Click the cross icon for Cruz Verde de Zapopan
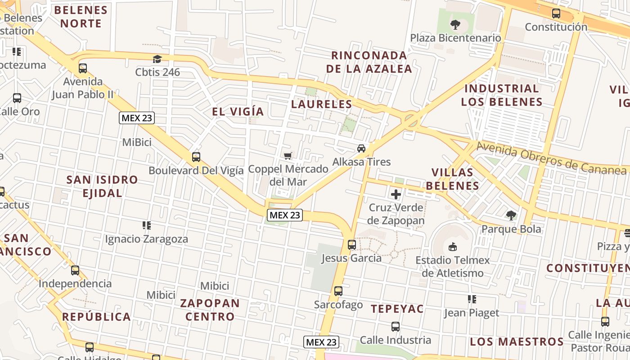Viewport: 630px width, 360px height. (396, 194)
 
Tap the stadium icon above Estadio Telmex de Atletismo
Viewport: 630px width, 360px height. (453, 247)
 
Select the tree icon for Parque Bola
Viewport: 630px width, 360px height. (511, 216)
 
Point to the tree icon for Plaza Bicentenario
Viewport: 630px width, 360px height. (455, 24)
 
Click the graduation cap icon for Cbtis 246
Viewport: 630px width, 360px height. (157, 59)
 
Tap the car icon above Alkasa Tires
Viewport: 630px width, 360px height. (361, 148)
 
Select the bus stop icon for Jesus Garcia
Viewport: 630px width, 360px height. (352, 245)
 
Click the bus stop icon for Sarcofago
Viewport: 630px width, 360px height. (338, 291)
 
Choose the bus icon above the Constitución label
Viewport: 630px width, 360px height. (556, 13)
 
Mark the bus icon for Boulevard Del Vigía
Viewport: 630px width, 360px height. (196, 157)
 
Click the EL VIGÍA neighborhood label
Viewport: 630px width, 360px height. (238, 111)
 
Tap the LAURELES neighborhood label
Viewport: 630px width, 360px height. (321, 104)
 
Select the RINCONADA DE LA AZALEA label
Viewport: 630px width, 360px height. (369, 62)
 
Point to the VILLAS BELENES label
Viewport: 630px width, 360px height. (452, 179)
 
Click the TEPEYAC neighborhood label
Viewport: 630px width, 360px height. (397, 309)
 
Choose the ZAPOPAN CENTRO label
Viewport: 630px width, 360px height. (210, 310)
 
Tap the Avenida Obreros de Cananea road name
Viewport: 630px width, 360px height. (551, 158)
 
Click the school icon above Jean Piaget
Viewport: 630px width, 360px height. (472, 299)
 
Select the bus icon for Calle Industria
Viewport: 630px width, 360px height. (396, 327)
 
